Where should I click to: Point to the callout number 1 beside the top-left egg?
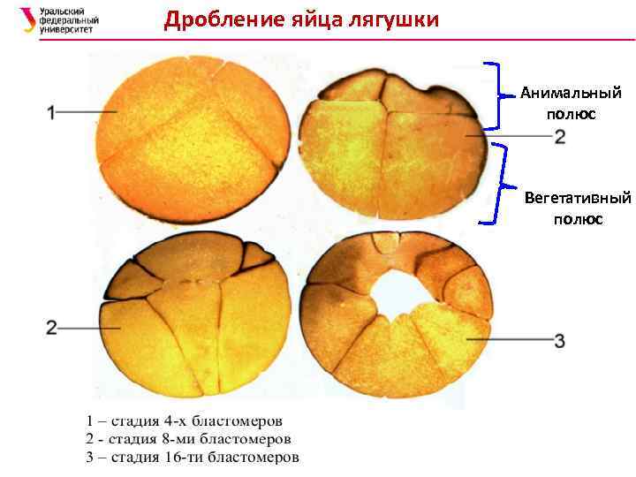[51, 111]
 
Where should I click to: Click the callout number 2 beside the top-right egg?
[560, 137]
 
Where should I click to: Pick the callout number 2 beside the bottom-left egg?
[51, 328]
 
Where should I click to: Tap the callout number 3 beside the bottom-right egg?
[560, 340]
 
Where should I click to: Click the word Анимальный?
[571, 93]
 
